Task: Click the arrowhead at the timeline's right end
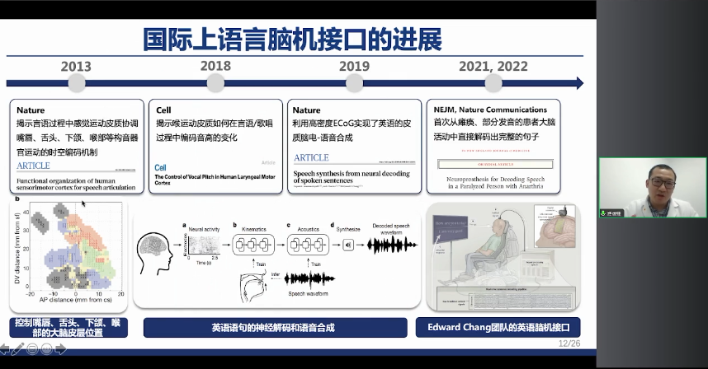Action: coord(578,83)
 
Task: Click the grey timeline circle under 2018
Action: coord(215,83)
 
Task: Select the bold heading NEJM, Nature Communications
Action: coord(490,110)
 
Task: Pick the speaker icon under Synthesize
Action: coord(347,245)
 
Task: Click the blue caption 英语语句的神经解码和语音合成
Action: coord(273,328)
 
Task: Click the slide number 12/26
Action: coord(569,343)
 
